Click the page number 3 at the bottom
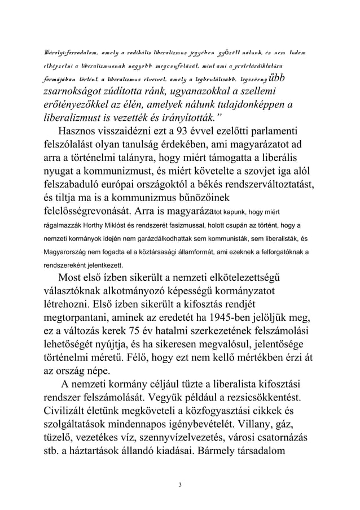tap(180, 484)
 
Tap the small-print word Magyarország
tap(68, 251)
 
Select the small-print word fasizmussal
tap(183, 226)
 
